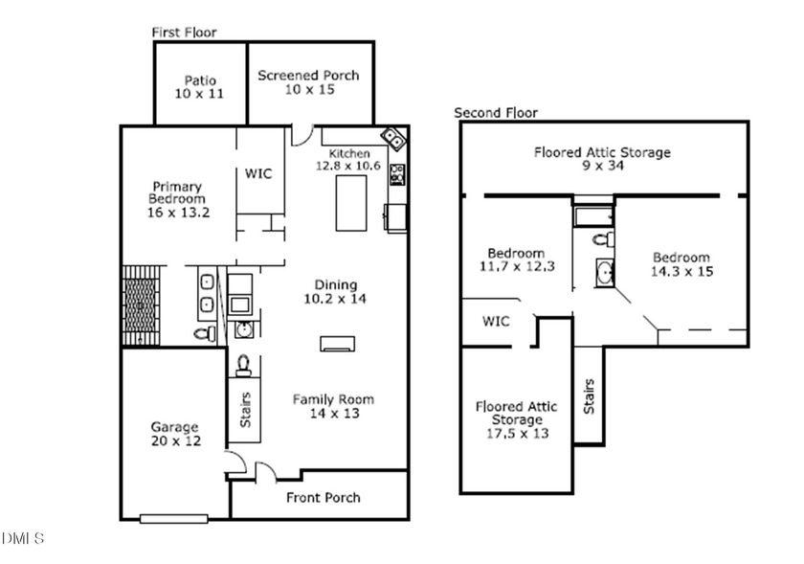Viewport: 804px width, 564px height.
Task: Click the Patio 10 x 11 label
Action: tap(201, 87)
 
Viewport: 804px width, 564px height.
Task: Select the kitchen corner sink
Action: tap(393, 139)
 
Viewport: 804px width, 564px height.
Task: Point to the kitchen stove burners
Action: tap(397, 174)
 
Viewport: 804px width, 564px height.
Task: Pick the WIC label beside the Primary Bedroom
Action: tap(258, 173)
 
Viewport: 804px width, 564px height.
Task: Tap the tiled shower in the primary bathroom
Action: tap(142, 304)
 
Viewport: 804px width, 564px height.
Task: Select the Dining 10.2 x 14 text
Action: tap(336, 291)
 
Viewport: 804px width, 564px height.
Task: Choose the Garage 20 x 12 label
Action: tap(174, 433)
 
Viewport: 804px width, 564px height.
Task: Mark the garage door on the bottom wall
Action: tap(173, 519)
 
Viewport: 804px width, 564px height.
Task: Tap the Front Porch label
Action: tap(324, 497)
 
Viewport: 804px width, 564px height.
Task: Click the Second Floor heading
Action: tap(496, 112)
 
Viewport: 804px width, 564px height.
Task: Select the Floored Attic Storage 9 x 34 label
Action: tap(602, 158)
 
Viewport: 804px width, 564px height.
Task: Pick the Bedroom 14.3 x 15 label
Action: tap(681, 263)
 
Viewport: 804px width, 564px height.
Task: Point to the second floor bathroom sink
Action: tap(605, 274)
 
